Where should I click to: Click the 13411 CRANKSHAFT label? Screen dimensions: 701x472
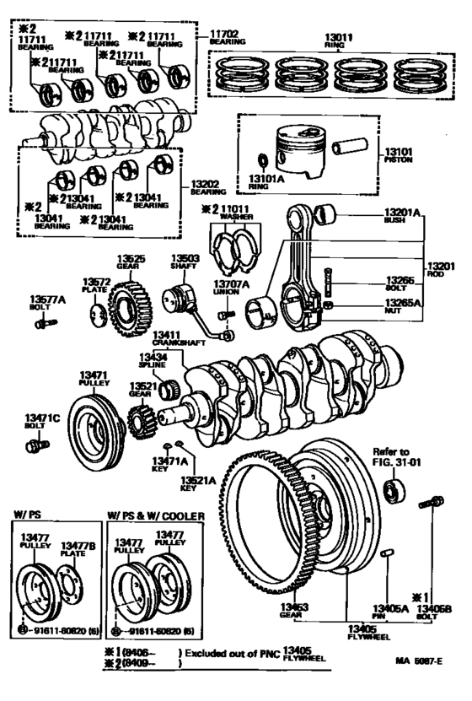(175, 340)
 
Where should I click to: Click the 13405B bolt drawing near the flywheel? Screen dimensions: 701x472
(435, 505)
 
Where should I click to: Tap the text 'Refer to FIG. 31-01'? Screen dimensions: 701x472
(391, 457)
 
